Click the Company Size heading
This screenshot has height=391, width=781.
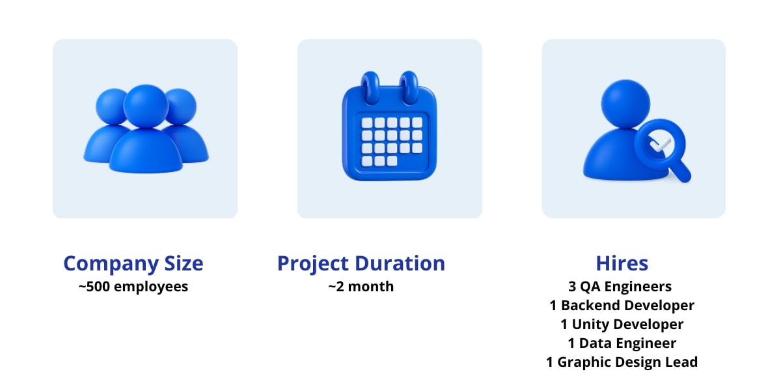(133, 264)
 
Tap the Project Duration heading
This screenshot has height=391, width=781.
(361, 264)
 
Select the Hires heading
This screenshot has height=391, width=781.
(622, 263)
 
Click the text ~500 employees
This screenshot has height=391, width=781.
(133, 287)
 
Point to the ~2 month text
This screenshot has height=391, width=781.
(361, 287)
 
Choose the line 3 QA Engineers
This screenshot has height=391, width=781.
(620, 287)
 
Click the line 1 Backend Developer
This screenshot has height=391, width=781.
(622, 306)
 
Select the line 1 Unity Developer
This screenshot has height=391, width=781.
(622, 325)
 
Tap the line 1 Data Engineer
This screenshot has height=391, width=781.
(622, 343)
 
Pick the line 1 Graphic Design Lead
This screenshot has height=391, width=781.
(622, 362)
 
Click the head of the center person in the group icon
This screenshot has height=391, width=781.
(146, 106)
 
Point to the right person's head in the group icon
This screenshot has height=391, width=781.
(182, 106)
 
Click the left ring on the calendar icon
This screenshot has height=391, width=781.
(370, 87)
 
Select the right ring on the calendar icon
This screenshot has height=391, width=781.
(409, 87)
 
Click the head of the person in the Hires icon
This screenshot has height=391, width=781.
(625, 104)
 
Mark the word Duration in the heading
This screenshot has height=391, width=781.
(400, 263)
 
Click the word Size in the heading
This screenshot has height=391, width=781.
(184, 263)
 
